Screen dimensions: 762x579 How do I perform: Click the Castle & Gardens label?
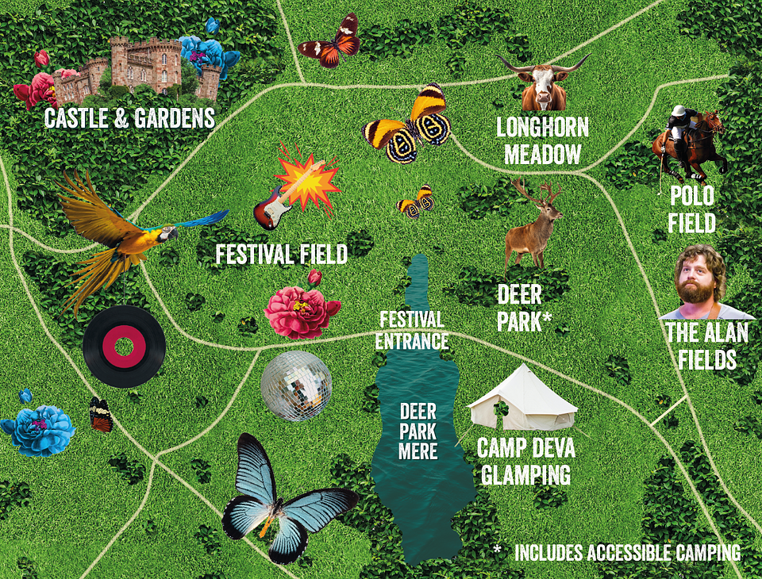click(129, 119)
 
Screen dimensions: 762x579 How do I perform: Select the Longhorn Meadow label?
click(542, 140)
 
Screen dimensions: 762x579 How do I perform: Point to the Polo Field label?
click(691, 209)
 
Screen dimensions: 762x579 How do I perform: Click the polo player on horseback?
click(689, 141)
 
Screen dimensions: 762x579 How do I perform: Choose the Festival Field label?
click(282, 255)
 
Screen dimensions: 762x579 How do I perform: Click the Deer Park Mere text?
click(418, 431)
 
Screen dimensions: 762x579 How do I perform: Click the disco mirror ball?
click(296, 385)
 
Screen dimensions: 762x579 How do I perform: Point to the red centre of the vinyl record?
click(124, 347)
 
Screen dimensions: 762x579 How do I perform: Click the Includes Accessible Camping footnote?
click(627, 553)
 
